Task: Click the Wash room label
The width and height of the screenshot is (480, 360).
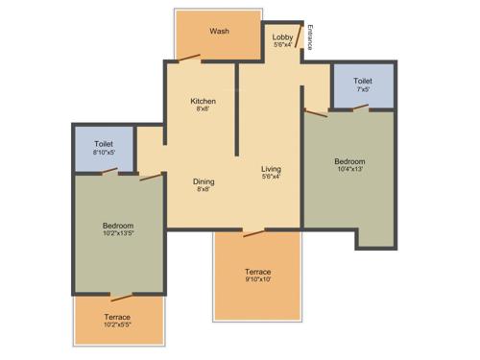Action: coord(220,31)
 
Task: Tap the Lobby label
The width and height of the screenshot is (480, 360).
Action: coord(282,37)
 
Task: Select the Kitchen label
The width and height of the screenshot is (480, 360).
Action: coord(203,101)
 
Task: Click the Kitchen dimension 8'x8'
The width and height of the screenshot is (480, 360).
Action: coord(203,109)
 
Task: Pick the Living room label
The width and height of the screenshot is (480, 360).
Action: coord(271,169)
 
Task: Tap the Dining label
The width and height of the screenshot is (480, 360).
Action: coord(204,181)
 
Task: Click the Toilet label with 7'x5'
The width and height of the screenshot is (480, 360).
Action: coord(363,82)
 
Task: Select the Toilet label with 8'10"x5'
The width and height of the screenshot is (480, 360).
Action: coord(104,144)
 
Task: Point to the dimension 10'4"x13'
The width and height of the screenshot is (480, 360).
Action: coord(349,170)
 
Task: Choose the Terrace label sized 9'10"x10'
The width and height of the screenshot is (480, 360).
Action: coord(257,272)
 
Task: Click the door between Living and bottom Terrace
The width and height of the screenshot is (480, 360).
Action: coord(254,231)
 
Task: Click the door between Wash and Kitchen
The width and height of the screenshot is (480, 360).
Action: coord(188,60)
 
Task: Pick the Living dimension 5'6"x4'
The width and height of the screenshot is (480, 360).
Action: coord(271,178)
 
